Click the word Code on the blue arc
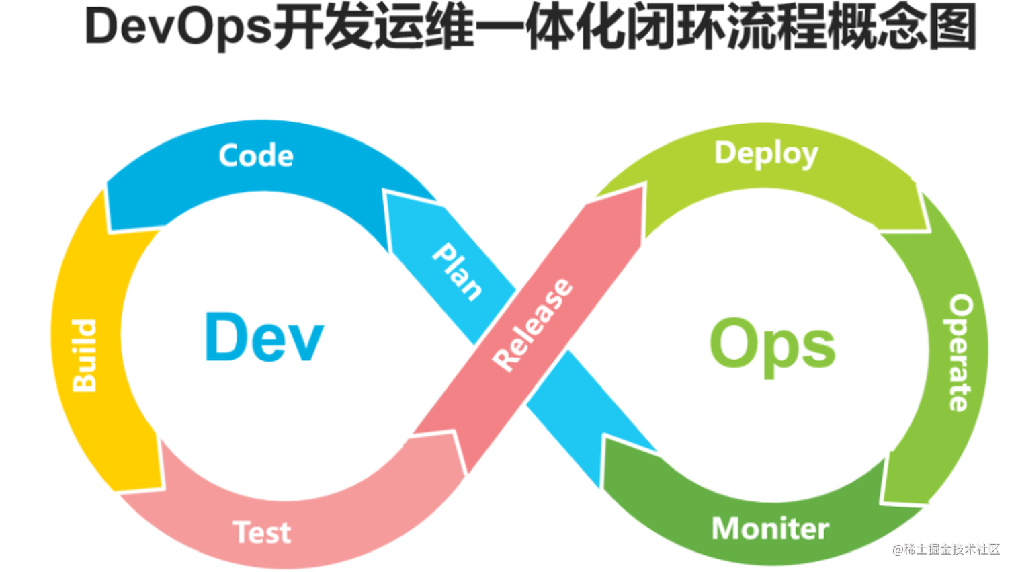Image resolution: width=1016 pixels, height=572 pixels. click(x=256, y=156)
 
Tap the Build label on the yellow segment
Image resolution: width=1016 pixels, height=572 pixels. click(x=85, y=356)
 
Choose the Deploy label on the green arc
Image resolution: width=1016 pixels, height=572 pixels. click(x=766, y=154)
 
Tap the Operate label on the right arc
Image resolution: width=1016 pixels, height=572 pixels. click(x=960, y=353)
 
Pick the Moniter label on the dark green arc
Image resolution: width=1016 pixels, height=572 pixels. click(x=770, y=529)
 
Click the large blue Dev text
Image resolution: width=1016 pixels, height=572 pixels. click(x=263, y=337)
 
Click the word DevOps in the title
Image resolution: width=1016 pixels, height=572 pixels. click(x=179, y=28)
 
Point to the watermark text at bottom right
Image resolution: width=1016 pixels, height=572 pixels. click(x=946, y=549)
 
